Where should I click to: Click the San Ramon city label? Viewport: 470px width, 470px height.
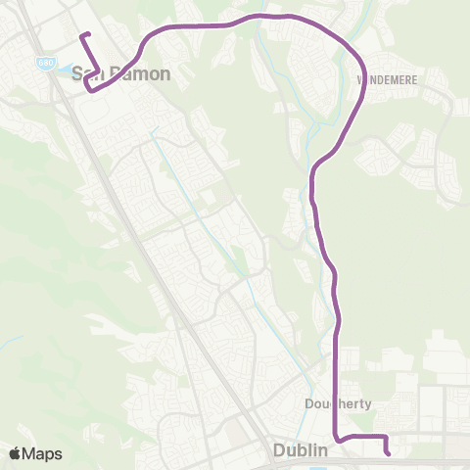point(122,73)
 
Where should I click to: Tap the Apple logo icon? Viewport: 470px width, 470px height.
point(15,453)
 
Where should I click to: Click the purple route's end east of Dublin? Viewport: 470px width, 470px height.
point(389,452)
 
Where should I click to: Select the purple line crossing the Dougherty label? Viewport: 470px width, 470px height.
point(336,403)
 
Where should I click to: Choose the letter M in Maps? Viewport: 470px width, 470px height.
point(30,453)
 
